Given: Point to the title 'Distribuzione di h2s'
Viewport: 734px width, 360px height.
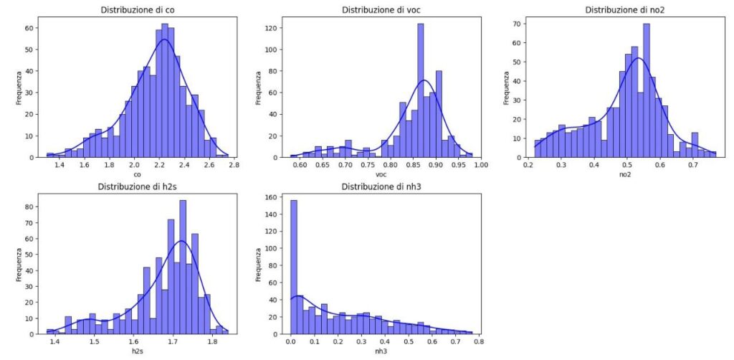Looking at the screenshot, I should point(133,188).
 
